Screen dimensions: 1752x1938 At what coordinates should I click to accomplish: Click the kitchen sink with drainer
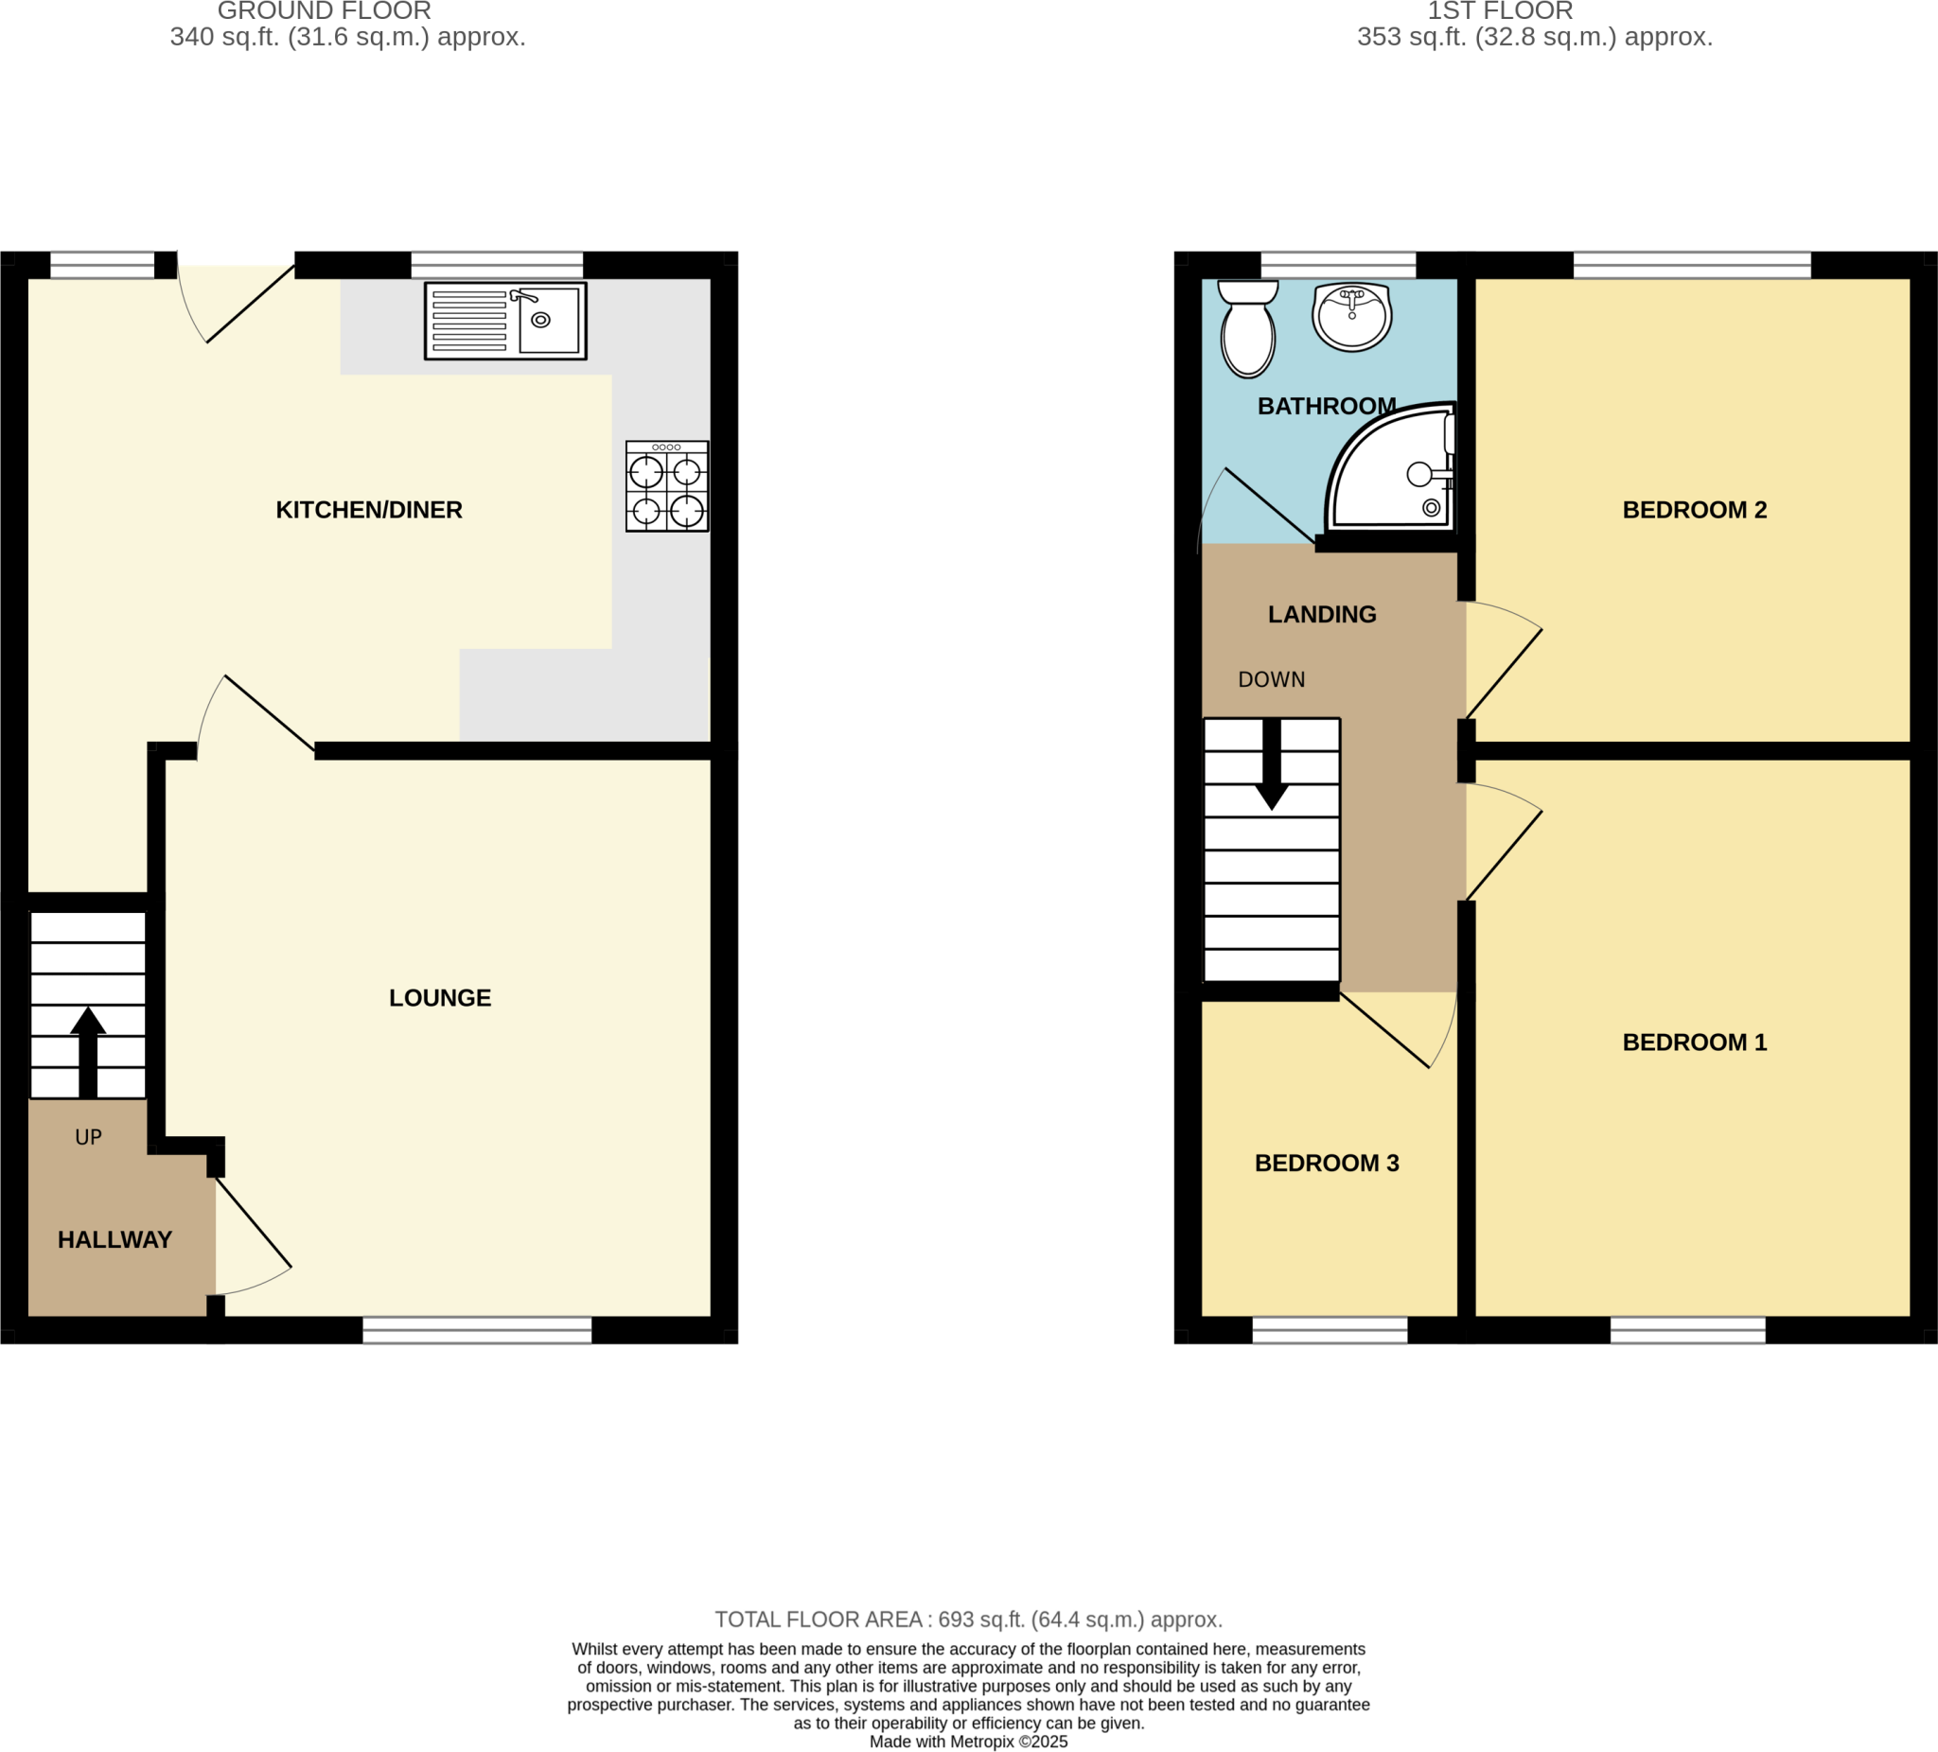[505, 321]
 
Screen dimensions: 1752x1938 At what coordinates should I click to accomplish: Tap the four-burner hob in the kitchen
[667, 486]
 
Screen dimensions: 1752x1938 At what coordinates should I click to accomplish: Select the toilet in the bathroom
[1248, 328]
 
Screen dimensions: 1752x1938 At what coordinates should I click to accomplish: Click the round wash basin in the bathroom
[1351, 316]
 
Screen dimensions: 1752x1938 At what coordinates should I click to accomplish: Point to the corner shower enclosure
[1394, 471]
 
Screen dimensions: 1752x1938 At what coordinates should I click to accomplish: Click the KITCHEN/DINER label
[369, 510]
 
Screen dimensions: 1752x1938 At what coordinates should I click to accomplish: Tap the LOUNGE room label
[439, 999]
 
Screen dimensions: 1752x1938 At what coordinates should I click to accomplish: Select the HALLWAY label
[115, 1240]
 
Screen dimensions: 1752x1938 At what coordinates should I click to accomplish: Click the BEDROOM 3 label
[1327, 1164]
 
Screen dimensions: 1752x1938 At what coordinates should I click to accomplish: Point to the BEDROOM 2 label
[1694, 510]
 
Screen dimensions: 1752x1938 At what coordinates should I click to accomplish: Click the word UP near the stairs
[88, 1138]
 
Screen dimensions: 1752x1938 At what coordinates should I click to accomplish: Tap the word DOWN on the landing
[1271, 680]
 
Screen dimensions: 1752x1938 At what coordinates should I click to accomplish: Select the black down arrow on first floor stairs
[1272, 765]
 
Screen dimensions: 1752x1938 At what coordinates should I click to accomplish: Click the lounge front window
[477, 1329]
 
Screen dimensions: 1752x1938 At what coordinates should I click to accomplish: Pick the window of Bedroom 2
[1691, 264]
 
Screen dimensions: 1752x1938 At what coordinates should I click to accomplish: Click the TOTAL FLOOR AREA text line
[968, 1620]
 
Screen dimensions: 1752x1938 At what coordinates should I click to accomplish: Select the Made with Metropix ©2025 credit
[968, 1742]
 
